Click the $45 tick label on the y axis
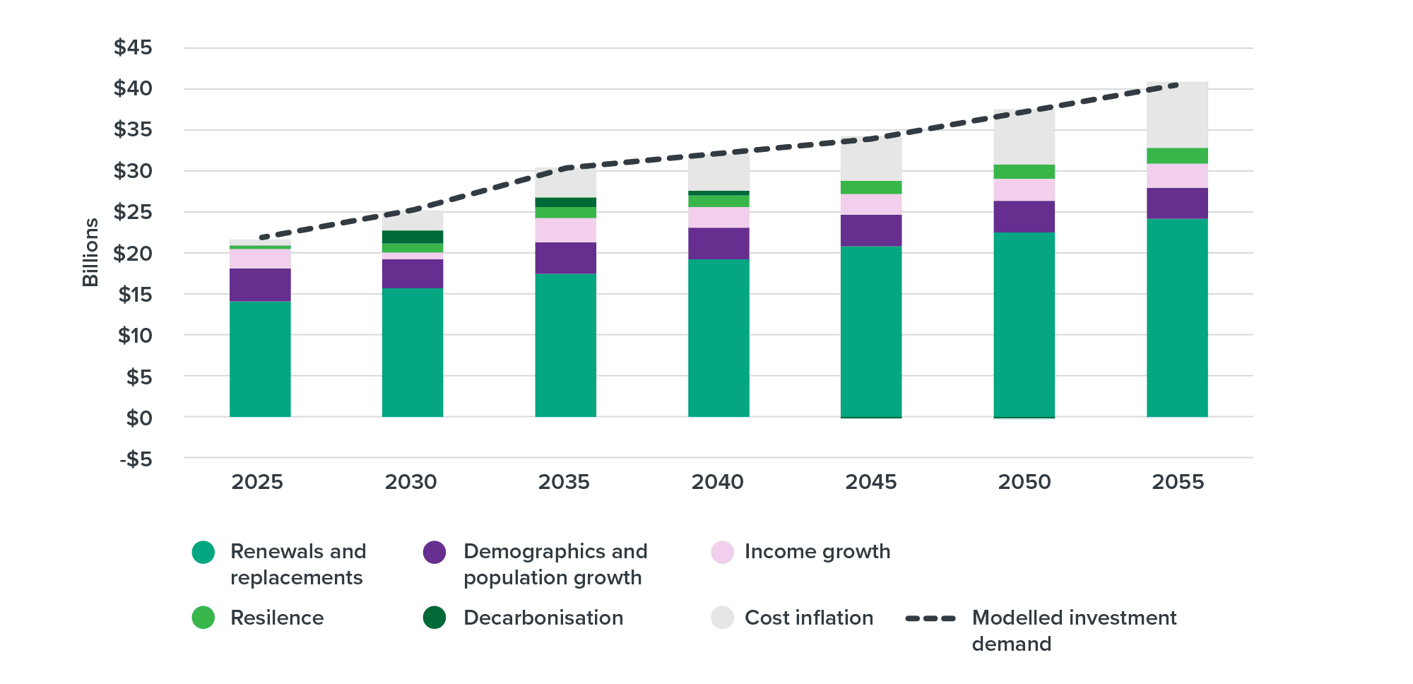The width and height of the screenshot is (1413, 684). (x=133, y=48)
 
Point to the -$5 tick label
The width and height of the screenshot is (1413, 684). (x=136, y=459)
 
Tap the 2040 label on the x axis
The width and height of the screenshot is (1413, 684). (x=717, y=482)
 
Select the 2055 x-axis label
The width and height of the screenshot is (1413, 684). (x=1178, y=482)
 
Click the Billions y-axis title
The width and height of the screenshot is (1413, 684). (x=90, y=252)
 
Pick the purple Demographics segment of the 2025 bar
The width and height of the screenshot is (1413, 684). (x=260, y=285)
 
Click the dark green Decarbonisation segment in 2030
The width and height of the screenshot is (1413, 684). (x=413, y=237)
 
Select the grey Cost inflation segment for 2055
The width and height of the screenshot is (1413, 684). (x=1177, y=114)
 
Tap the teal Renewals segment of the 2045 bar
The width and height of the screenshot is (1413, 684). (x=871, y=331)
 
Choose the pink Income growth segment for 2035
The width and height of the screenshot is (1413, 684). (x=565, y=230)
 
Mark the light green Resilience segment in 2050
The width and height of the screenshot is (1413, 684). (x=1024, y=172)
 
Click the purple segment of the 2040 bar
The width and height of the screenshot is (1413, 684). (x=719, y=244)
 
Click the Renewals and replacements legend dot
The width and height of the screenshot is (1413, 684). (x=203, y=552)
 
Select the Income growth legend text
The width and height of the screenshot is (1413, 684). (x=817, y=552)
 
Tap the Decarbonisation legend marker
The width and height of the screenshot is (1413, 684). (x=434, y=618)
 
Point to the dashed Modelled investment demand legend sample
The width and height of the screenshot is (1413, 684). (x=930, y=618)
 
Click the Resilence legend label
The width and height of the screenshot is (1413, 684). (x=277, y=618)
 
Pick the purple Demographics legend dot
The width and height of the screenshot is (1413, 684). (x=434, y=552)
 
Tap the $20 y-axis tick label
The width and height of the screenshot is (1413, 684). (x=133, y=253)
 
